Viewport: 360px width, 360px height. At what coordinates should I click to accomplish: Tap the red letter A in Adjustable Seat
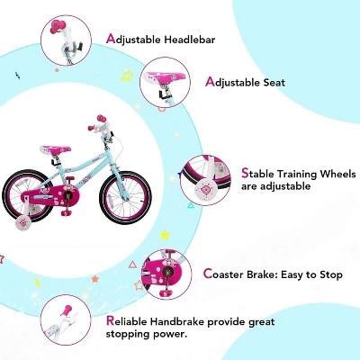coord(210,82)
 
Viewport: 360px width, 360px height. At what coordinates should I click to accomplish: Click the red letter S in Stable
coord(246,171)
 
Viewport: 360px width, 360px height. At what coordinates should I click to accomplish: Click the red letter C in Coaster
coord(208,274)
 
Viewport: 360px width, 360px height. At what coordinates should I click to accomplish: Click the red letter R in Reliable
coord(110,321)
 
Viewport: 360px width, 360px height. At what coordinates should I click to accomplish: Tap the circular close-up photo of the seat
coord(168,84)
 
